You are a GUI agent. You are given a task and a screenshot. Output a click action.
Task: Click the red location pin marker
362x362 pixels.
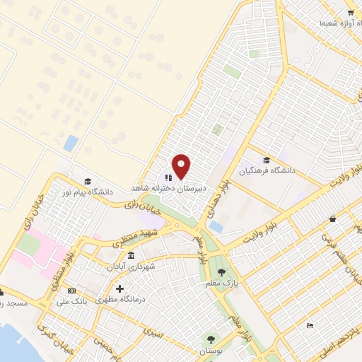tap(182, 166)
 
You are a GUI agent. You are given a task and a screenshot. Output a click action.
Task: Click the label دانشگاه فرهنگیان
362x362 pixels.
tap(266, 170)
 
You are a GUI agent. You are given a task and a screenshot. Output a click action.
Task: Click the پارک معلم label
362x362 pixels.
tap(221, 284)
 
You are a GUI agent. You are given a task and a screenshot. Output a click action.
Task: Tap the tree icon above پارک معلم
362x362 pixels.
tap(221, 272)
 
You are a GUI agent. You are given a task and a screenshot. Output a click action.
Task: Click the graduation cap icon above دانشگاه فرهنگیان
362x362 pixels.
tap(266, 160)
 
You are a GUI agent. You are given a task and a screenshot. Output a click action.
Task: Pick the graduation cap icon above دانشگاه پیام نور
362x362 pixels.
tap(88, 181)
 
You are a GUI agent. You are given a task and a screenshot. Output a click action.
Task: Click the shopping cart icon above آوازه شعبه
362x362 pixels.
tap(351, 13)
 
